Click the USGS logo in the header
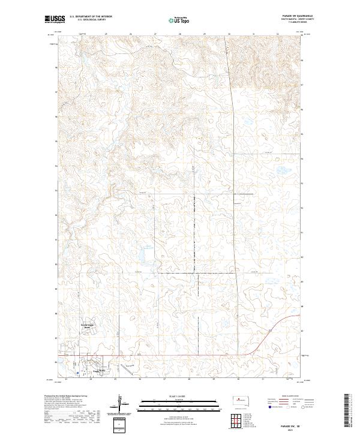[55, 19]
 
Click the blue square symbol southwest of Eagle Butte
[70, 371]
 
